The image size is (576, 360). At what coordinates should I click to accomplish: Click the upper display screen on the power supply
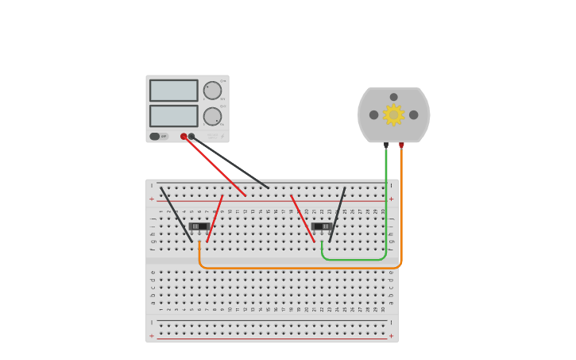point(173,90)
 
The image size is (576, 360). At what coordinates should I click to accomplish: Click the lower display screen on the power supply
point(173,116)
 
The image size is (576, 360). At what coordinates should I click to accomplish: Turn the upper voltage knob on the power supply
point(212,91)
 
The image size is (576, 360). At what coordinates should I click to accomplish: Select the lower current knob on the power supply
point(212,117)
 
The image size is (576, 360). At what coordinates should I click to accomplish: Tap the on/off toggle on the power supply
point(155,137)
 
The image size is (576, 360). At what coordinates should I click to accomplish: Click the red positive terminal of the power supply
point(184,137)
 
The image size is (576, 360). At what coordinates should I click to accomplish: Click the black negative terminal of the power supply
point(191,137)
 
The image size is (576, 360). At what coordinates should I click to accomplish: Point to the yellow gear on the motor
point(393,115)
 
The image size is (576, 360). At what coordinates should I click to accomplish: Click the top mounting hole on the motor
point(393,97)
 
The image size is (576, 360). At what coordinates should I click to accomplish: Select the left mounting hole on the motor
point(373,115)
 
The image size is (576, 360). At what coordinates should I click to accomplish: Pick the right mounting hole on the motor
point(413,115)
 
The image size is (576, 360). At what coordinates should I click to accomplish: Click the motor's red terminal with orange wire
point(401,145)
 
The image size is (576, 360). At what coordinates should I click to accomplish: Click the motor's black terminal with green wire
point(386,145)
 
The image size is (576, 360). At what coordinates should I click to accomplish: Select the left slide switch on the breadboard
point(199,226)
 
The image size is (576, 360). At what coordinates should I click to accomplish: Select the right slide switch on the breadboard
point(322,226)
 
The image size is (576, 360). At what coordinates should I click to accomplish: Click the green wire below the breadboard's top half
point(354,259)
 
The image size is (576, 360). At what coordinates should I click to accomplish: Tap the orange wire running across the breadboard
point(302,268)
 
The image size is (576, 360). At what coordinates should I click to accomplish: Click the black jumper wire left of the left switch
point(176,214)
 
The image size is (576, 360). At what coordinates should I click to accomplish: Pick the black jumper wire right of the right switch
point(338,214)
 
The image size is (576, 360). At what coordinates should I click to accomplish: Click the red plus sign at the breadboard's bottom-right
point(391,336)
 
